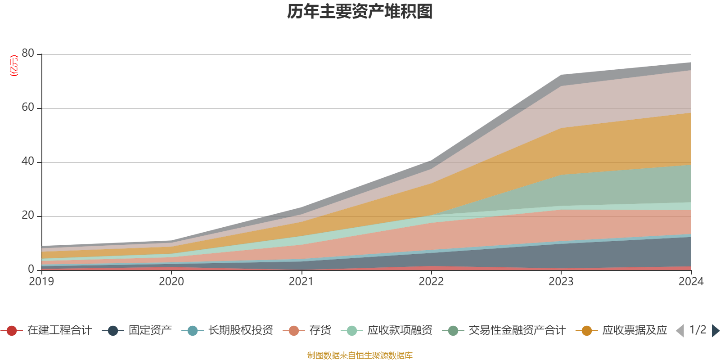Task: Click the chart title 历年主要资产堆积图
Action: point(360,12)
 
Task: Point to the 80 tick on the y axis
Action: point(28,54)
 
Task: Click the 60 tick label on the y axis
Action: point(28,108)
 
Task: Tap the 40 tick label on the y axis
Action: point(28,162)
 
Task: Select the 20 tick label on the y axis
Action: point(28,216)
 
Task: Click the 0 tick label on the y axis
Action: point(31,269)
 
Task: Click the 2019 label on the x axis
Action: point(41,282)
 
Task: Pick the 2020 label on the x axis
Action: point(171,282)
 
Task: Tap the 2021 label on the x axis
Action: point(301,282)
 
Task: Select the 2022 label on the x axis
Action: point(431,282)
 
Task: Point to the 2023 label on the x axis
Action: point(561,282)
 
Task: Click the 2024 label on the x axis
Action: point(691,282)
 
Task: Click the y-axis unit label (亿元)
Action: point(14,66)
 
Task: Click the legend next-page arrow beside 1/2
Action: point(715,331)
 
